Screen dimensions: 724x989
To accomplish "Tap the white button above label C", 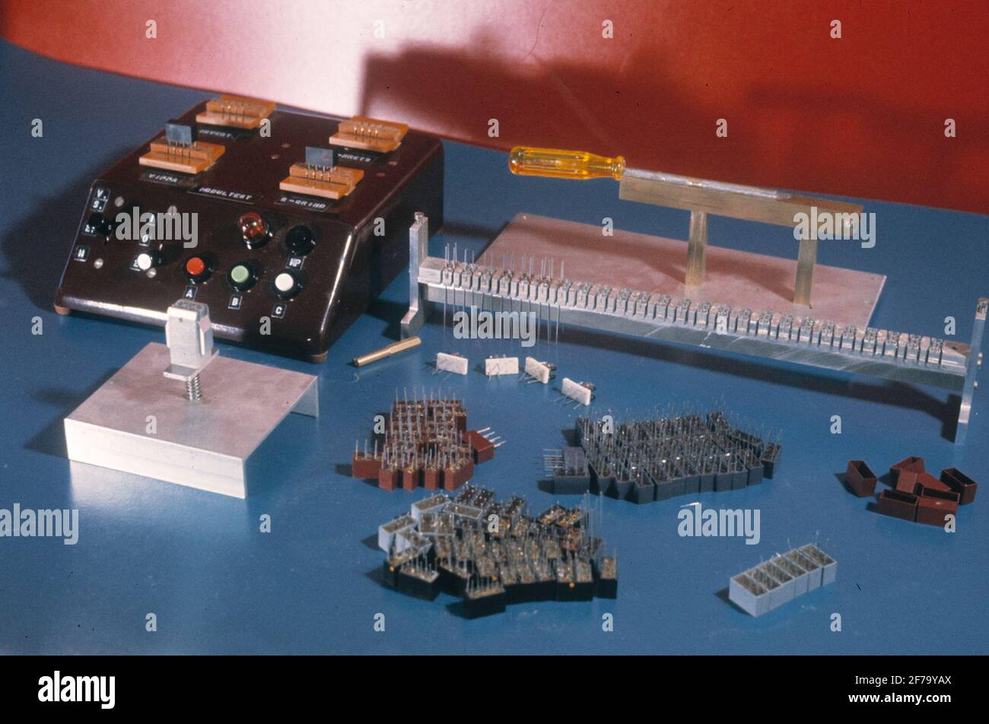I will (285, 284).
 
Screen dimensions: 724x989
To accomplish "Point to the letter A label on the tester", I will (189, 292).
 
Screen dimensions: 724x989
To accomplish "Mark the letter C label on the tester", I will (279, 310).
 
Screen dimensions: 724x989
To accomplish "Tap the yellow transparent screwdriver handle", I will (565, 164).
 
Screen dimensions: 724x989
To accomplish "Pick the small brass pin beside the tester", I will (386, 351).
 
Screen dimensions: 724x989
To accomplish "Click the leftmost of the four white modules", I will (452, 363).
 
